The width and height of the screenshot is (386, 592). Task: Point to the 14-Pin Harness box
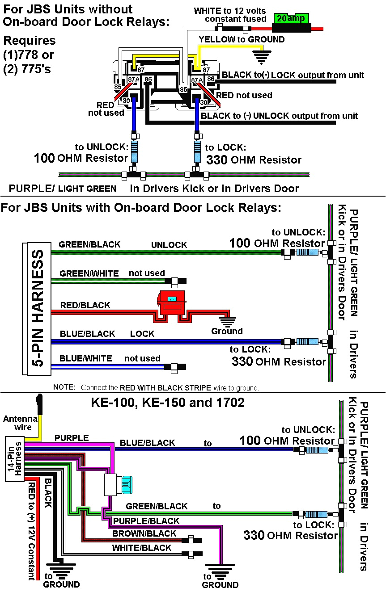(14, 459)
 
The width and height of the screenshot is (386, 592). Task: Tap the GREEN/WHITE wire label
(89, 273)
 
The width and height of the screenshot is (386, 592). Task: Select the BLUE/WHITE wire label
(85, 358)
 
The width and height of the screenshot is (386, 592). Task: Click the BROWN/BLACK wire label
(144, 533)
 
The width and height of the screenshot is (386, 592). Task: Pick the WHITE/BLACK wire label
(141, 548)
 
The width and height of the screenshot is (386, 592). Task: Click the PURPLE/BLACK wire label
(146, 521)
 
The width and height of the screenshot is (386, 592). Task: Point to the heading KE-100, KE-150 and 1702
(168, 403)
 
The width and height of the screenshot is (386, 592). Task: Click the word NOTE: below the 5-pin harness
(64, 387)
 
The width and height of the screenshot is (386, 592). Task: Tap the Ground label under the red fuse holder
(227, 331)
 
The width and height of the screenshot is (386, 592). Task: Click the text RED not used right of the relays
(244, 95)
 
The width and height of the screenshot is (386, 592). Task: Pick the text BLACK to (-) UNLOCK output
(279, 116)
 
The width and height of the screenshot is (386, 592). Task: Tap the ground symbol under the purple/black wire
(219, 571)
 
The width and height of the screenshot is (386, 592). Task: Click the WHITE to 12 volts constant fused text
(230, 15)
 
